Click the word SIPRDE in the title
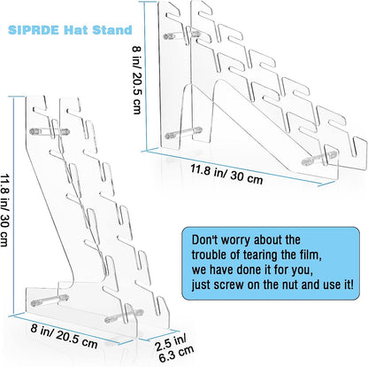coord(34,30)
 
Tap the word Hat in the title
coord(75,30)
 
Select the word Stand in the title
coord(112,30)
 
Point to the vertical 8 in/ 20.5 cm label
coord(136,80)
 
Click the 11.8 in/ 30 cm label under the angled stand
coord(226,175)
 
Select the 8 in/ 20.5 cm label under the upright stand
coord(64,336)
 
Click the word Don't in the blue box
coord(204,239)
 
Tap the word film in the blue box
coord(310,254)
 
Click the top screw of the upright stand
coord(50,131)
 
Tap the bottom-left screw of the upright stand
coord(50,300)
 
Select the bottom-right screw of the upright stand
coord(124,316)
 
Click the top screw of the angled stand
coord(181,35)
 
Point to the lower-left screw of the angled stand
coord(183,133)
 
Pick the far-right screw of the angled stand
coord(319,158)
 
